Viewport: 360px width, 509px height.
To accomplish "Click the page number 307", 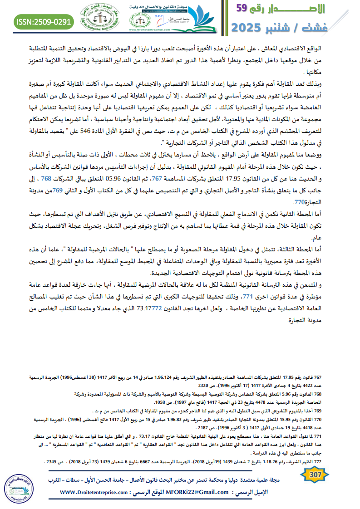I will point(313,475).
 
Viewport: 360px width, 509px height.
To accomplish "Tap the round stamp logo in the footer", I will point(19,487).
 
